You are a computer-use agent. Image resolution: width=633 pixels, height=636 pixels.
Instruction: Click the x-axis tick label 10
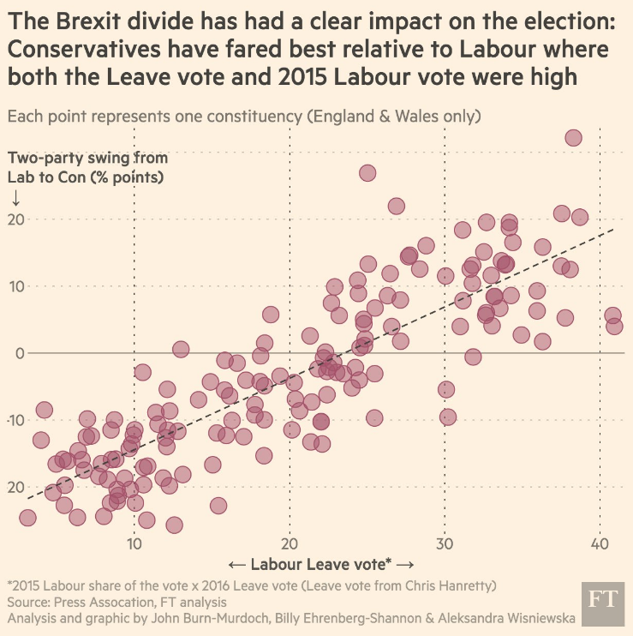[134, 543]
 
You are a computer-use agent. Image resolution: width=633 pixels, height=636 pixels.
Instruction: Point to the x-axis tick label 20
[290, 543]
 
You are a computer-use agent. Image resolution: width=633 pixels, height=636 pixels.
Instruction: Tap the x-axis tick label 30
[445, 543]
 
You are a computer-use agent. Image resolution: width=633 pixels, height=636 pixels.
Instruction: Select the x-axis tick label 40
[600, 543]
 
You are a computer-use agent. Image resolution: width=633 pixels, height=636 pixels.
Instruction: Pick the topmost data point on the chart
[573, 138]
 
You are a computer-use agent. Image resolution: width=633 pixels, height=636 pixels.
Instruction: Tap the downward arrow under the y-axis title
[15, 197]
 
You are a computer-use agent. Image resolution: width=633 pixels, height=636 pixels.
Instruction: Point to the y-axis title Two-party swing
[87, 158]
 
